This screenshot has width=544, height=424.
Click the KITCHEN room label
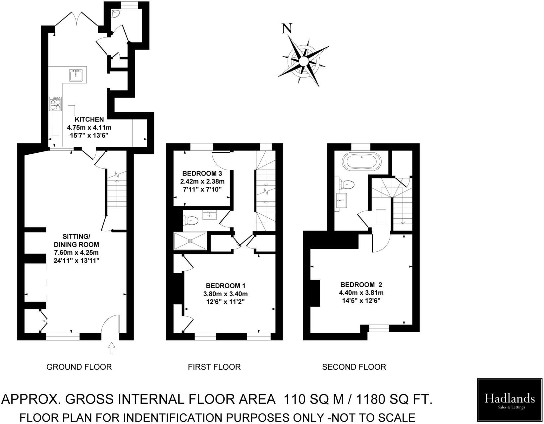point(89,119)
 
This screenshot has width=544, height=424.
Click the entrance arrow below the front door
point(111,347)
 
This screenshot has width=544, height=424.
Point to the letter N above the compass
point(287,29)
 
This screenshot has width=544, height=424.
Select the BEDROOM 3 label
point(202,173)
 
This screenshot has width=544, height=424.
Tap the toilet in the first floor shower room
point(190,220)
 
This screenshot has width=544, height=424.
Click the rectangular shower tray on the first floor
point(190,241)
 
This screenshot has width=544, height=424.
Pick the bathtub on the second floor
point(362,161)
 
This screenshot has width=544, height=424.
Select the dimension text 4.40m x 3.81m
point(361,293)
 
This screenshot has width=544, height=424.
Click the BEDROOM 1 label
point(226,286)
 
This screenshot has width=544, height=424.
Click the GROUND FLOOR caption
point(79,367)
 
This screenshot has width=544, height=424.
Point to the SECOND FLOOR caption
point(354,367)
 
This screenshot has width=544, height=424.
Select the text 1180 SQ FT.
point(394,399)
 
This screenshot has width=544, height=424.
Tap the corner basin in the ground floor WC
point(115,14)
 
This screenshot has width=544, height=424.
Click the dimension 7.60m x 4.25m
point(77,253)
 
